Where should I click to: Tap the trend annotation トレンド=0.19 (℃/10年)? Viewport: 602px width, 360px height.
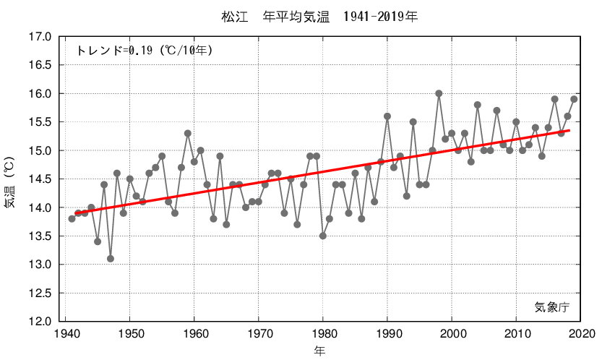pos(145,51)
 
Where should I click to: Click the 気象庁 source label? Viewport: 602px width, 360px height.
pos(552,307)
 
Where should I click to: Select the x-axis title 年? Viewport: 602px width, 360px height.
pos(319,351)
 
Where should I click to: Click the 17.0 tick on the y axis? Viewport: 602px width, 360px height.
pos(40,37)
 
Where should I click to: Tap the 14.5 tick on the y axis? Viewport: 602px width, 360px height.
pos(40,179)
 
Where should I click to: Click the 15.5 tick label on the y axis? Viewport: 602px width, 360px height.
pos(40,122)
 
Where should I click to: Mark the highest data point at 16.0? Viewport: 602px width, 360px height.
pos(439,93)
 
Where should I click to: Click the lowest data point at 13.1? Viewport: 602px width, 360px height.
pos(111,259)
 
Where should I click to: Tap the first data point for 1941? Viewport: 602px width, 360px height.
pos(72,218)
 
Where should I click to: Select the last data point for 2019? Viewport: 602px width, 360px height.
pos(574,99)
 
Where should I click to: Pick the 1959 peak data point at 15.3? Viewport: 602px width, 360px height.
pos(188,133)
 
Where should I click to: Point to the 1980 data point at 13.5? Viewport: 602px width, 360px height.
pos(323,236)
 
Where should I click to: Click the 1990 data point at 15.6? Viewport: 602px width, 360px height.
pos(387,116)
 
